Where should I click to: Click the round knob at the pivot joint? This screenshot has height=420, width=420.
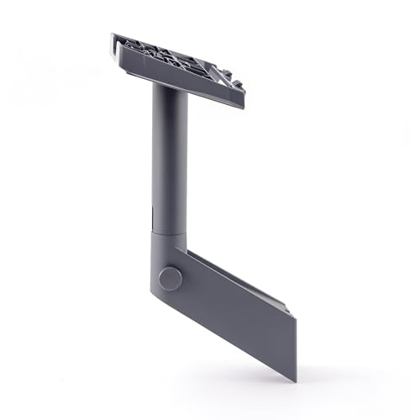coord(170,278)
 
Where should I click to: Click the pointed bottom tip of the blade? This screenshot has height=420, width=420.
coord(295,379)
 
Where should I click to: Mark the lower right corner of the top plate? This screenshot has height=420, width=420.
coord(242,106)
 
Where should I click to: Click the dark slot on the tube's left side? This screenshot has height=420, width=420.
coord(155,210)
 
